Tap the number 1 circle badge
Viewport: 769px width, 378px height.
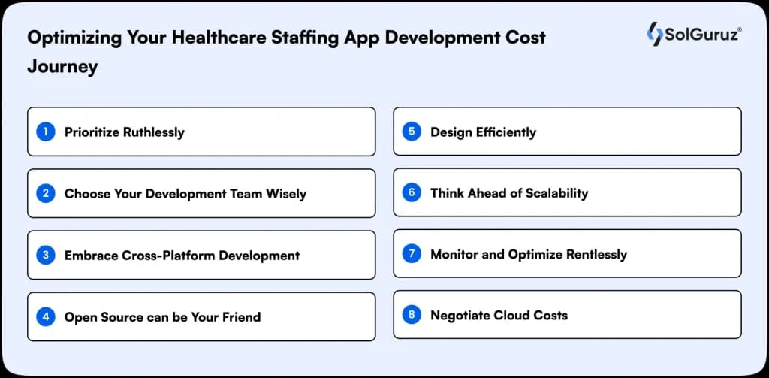(x=46, y=132)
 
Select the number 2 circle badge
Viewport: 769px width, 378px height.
(x=46, y=193)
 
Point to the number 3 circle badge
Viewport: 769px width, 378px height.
(x=46, y=255)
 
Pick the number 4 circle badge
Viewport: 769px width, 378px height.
(x=46, y=316)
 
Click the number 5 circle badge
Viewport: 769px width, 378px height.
(x=412, y=132)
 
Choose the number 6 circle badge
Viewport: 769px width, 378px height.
(x=412, y=192)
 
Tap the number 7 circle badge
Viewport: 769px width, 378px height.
(x=412, y=253)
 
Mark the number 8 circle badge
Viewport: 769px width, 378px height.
(x=412, y=315)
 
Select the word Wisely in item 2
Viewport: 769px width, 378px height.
(x=286, y=194)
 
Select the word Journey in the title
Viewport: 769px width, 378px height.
(x=62, y=66)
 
